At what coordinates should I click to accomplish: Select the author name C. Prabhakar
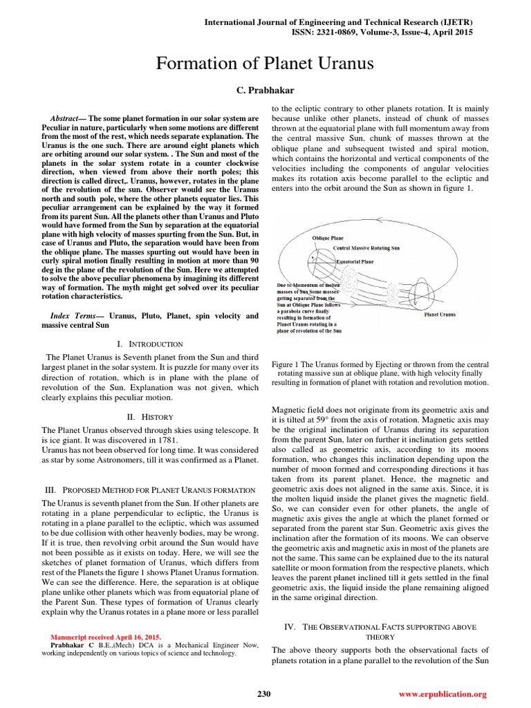point(265,91)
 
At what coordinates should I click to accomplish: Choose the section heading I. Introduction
point(150,344)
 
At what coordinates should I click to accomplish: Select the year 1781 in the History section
point(168,440)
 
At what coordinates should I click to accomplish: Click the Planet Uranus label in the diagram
point(439,315)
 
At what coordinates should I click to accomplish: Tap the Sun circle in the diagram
point(319,265)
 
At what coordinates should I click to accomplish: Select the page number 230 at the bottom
point(263,693)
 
